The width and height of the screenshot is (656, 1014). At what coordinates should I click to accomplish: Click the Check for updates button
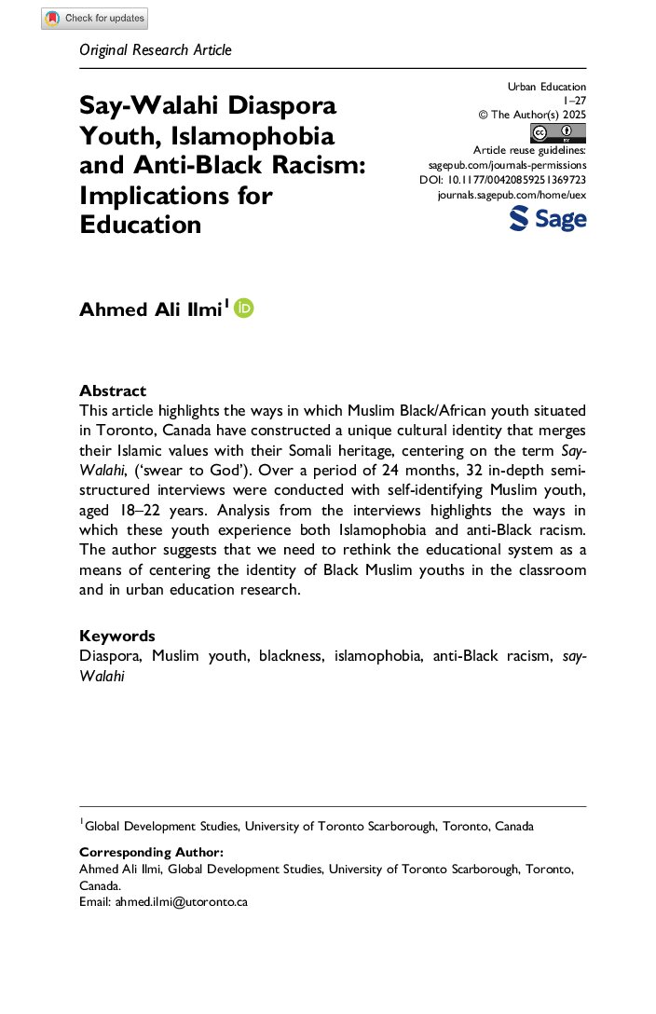click(x=94, y=19)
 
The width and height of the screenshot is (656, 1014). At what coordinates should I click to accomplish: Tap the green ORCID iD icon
click(x=244, y=308)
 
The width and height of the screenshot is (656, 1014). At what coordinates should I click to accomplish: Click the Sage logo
click(x=548, y=219)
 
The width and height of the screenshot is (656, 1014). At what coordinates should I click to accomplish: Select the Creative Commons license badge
click(x=558, y=132)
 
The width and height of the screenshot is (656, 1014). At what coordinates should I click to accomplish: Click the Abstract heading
click(x=113, y=391)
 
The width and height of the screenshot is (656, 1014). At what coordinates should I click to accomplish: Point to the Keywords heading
click(x=117, y=636)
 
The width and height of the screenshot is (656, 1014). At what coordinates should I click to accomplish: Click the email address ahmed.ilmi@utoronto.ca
click(x=181, y=902)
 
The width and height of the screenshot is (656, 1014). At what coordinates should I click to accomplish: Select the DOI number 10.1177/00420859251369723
click(x=529, y=179)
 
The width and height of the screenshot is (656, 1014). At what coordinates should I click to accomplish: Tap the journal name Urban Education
click(x=547, y=87)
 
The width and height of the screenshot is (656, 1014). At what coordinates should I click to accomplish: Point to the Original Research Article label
click(x=156, y=49)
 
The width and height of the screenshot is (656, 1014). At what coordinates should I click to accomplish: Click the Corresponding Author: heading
click(x=151, y=852)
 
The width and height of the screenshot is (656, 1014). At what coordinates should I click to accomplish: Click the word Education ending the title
click(x=141, y=225)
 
